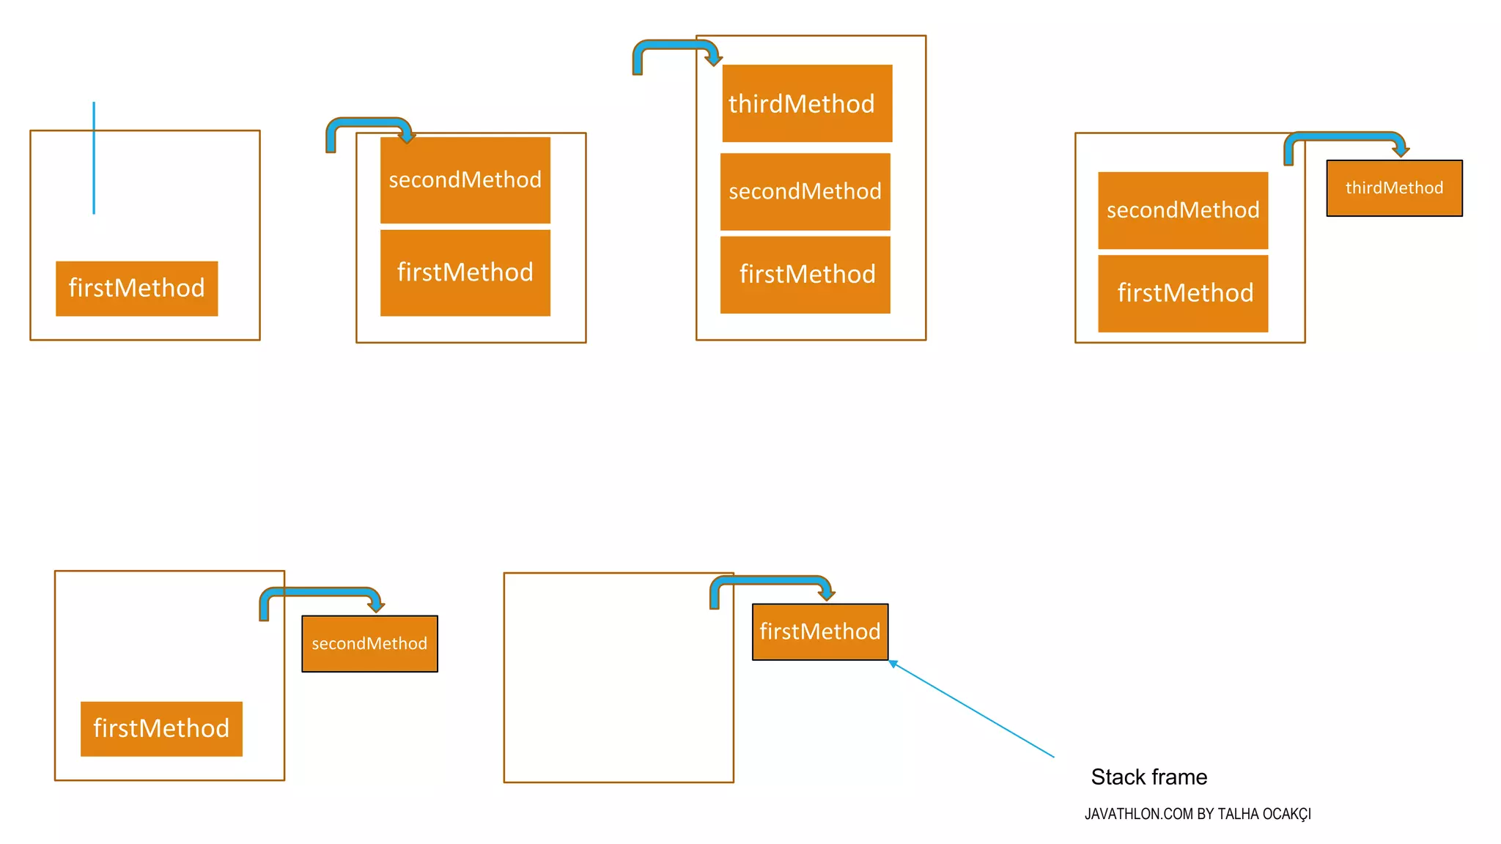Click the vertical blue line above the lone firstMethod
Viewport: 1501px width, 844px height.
pyautogui.click(x=94, y=158)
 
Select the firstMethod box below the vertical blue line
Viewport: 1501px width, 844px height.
pyautogui.click(x=136, y=289)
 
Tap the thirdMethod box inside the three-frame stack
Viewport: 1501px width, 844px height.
pyautogui.click(x=807, y=103)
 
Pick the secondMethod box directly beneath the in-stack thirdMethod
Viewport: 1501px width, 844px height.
pyautogui.click(x=805, y=192)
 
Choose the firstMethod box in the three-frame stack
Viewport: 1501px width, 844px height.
pyautogui.click(x=805, y=275)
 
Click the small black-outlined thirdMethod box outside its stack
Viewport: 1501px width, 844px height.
pyautogui.click(x=1394, y=188)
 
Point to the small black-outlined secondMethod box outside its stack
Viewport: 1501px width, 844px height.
pyautogui.click(x=369, y=644)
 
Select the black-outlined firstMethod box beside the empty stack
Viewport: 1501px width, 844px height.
pyautogui.click(x=819, y=632)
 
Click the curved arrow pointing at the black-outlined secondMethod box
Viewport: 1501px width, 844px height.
pyautogui.click(x=321, y=593)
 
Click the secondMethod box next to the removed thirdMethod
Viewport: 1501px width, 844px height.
pyautogui.click(x=1182, y=210)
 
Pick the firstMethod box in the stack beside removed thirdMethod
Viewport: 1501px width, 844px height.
pyautogui.click(x=1182, y=293)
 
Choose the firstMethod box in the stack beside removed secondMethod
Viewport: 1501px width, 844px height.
pyautogui.click(x=161, y=729)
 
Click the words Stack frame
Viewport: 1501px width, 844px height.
pyautogui.click(x=1148, y=777)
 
